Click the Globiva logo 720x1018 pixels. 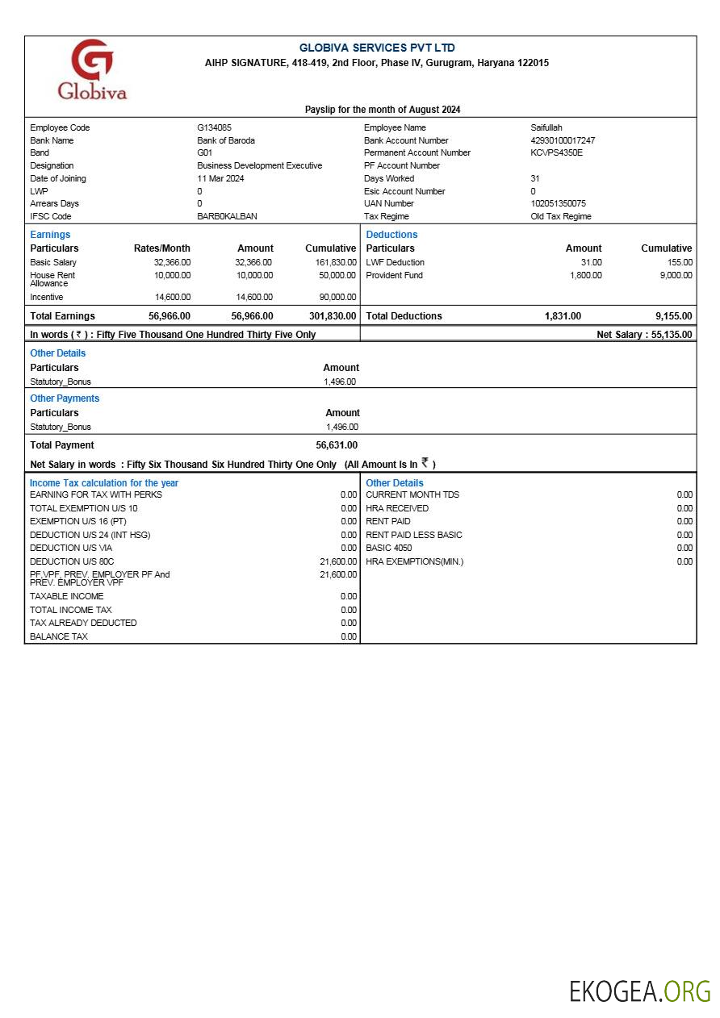point(92,69)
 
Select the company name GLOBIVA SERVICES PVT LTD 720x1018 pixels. point(377,48)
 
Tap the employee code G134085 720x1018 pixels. point(214,127)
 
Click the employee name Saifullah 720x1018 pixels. point(546,127)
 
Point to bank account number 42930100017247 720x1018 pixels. point(563,140)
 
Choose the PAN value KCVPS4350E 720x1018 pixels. point(556,152)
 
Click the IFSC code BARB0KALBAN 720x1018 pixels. point(227,216)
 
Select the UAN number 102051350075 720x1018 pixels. point(558,203)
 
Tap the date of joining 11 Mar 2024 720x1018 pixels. point(220,178)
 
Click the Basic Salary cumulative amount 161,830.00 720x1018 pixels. point(335,262)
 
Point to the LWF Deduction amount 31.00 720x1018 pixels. point(591,262)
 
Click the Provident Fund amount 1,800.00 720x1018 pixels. point(585,275)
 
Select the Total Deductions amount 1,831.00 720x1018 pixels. point(563,316)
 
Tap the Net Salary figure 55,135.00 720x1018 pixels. point(671,334)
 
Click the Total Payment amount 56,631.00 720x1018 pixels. point(337,445)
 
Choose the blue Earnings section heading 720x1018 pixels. point(50,235)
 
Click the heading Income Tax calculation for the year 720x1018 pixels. point(104,483)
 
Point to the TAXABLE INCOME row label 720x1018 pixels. point(66,596)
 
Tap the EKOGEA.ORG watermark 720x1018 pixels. point(639,991)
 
